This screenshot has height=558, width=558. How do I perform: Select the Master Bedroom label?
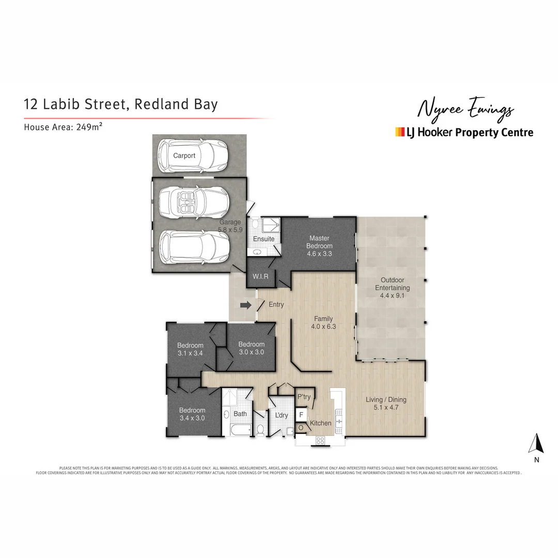coord(319,242)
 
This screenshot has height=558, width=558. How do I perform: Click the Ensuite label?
coord(263,239)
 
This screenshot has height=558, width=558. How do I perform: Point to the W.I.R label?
coord(259,276)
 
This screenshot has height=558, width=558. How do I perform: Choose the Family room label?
coord(323,319)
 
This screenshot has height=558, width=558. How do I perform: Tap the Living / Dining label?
coord(386,399)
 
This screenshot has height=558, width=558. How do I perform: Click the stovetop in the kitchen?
coord(320,441)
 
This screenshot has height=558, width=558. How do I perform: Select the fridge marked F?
coord(301,414)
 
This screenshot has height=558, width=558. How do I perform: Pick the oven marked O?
coord(301,428)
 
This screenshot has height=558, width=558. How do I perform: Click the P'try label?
coord(304,397)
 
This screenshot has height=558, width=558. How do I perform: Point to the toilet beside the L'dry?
coord(260,430)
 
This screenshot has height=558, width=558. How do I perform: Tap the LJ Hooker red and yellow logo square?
coord(399,132)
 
